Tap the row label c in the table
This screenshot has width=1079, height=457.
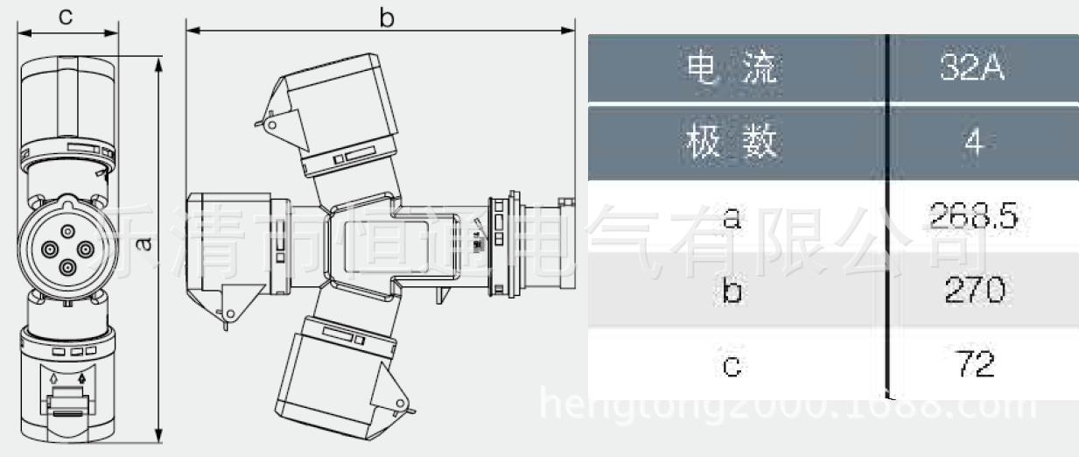click(732, 363)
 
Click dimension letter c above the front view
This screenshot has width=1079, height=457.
click(66, 16)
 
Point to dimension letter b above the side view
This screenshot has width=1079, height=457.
click(386, 18)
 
